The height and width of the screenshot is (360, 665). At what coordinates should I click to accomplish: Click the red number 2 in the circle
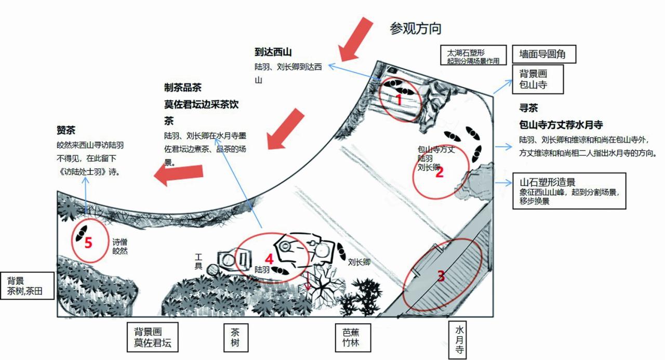click(440, 173)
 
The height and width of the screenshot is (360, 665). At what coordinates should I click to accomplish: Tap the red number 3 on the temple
click(441, 276)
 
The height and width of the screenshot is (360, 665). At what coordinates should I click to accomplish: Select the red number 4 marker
click(269, 258)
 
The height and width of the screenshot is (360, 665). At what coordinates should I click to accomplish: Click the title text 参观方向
click(416, 28)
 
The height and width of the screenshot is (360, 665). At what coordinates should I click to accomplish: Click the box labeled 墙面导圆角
click(544, 54)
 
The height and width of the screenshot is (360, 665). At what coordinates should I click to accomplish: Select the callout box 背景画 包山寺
click(538, 79)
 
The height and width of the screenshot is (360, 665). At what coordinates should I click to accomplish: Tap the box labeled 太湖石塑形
click(473, 57)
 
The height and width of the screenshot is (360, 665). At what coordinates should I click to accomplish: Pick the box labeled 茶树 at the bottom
click(232, 338)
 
